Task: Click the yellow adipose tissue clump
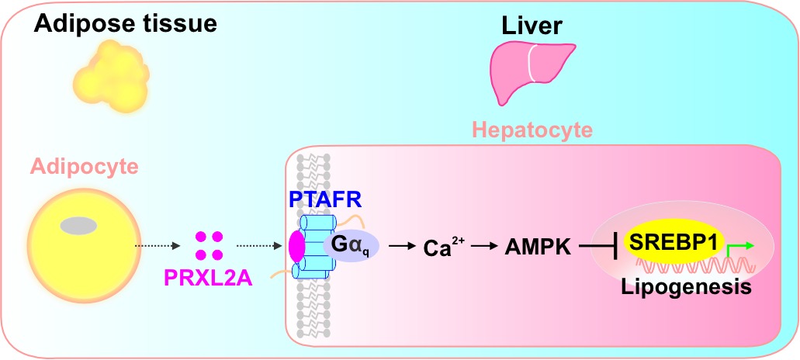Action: (111, 77)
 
